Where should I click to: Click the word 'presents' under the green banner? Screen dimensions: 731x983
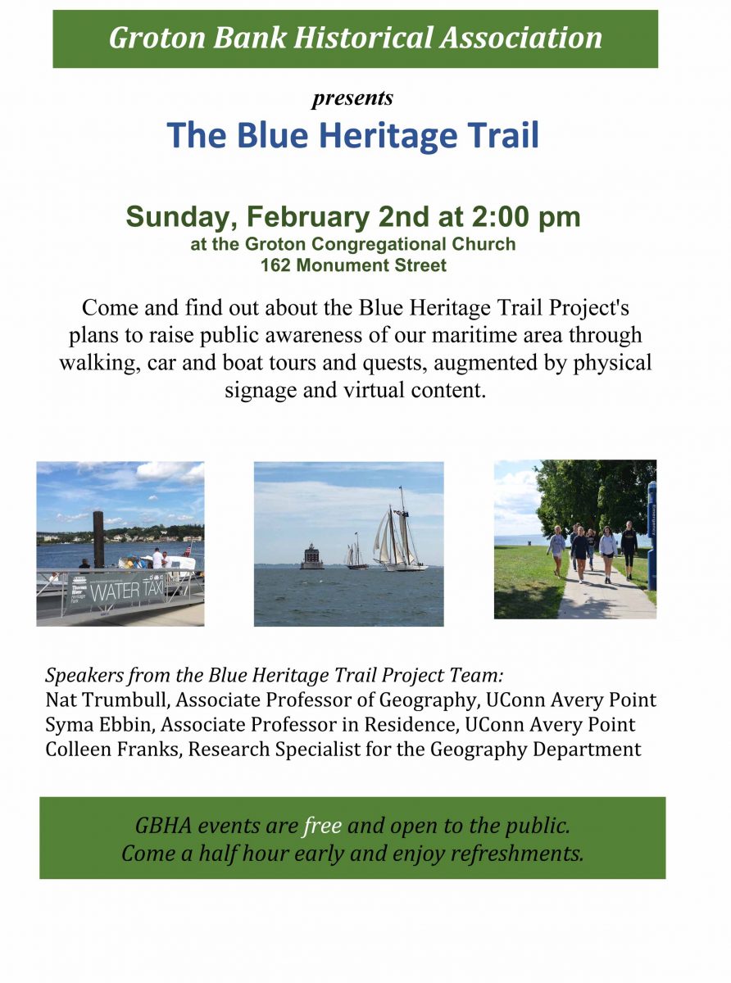click(352, 98)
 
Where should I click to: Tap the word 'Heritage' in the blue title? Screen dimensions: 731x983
click(388, 135)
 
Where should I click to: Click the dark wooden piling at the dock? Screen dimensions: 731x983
click(98, 539)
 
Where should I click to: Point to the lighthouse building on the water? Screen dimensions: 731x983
click(312, 557)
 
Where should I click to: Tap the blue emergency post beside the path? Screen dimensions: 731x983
click(652, 536)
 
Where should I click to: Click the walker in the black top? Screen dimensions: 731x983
click(629, 549)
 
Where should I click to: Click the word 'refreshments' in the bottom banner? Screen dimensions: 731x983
click(517, 854)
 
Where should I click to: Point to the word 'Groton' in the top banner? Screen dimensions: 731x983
click(157, 38)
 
